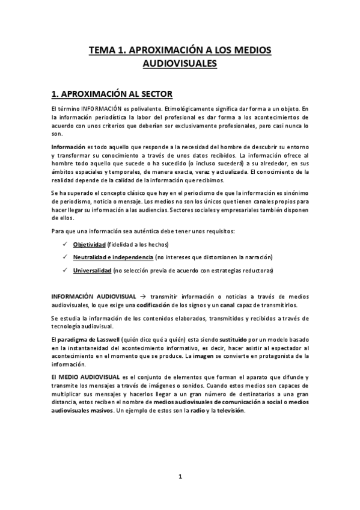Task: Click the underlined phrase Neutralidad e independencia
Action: (113, 257)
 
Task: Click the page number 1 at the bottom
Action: (180, 476)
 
